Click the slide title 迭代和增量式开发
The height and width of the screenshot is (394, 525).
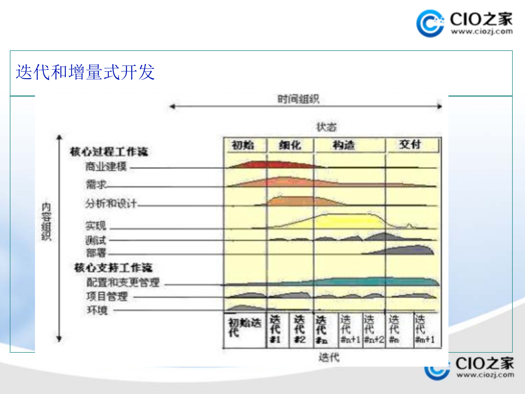pos(85,72)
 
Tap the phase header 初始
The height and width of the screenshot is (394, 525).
pos(243,145)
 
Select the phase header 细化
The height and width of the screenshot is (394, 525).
pos(290,145)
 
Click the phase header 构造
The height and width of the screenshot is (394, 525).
pos(344,145)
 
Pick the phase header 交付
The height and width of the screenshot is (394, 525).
pos(410,144)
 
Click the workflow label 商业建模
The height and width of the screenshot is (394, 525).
pos(106,166)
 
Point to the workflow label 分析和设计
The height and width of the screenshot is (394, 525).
pos(111,203)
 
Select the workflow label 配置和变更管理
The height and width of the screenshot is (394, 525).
pos(123,282)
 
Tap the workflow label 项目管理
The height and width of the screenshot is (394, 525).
pos(107,296)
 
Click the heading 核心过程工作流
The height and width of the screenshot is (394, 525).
pos(109,152)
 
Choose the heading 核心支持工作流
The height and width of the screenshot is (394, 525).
pos(113,268)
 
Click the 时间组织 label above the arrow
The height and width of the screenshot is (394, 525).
pos(298,99)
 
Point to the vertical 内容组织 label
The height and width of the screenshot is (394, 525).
pos(46,222)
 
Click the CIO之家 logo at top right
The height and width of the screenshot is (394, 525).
pos(464,24)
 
